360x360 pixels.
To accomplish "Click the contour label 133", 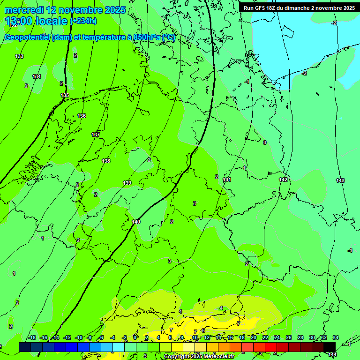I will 19,56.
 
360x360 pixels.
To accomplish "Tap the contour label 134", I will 37,76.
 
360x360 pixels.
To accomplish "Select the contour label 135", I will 65,95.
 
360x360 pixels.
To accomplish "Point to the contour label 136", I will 82,116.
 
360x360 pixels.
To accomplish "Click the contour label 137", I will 96,135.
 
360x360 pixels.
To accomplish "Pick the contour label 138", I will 106,161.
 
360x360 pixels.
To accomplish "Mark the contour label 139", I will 127,183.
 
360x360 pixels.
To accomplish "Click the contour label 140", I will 136,222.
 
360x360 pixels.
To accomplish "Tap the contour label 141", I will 227,180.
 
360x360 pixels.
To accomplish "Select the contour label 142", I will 283,180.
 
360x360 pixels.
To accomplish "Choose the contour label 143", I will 340,180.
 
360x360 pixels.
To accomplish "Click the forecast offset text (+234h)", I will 83,21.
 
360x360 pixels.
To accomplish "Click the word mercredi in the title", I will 24,10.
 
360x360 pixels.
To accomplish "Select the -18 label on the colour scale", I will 32,337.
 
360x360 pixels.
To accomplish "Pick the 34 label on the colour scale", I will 336,337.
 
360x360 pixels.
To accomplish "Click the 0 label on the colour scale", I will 135,337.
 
